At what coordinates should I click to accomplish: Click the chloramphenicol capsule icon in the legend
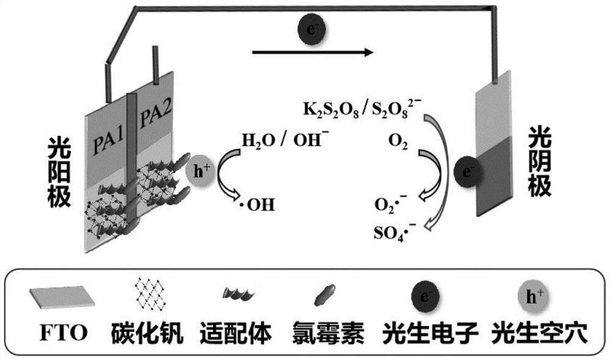323,296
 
